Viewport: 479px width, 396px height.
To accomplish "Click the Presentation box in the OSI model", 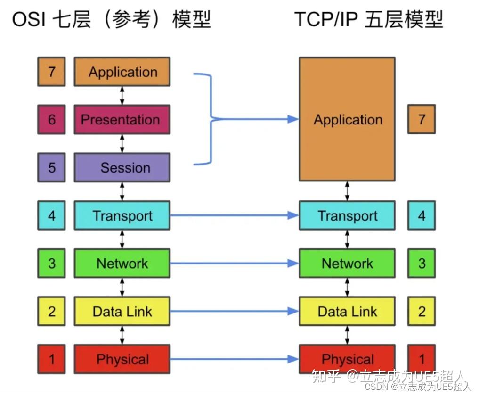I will pos(122,120).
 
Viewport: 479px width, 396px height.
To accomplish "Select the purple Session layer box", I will pos(122,167).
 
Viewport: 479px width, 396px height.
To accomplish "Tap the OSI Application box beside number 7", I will pos(122,72).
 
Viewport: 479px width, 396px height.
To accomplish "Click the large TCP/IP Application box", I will pos(347,119).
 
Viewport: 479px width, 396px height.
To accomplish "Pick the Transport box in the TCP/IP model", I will pos(347,215).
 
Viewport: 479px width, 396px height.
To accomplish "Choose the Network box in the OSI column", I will pos(122,263).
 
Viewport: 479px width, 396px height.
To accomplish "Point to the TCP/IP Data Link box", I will pos(347,311).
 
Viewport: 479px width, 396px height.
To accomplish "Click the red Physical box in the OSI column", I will pos(122,359).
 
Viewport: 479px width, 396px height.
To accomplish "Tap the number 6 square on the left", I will pos(51,120).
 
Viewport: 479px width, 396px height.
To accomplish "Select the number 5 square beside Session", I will pos(51,167).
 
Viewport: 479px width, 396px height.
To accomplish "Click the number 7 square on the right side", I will pos(422,119).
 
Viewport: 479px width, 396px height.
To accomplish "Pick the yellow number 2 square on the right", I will pos(422,311).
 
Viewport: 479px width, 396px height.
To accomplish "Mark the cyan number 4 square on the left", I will pos(51,215).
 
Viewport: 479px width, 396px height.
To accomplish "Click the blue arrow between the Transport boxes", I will pos(234,215).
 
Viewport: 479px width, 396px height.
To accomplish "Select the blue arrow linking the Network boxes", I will pos(234,264).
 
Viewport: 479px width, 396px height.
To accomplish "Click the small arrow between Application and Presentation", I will pos(122,96).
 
